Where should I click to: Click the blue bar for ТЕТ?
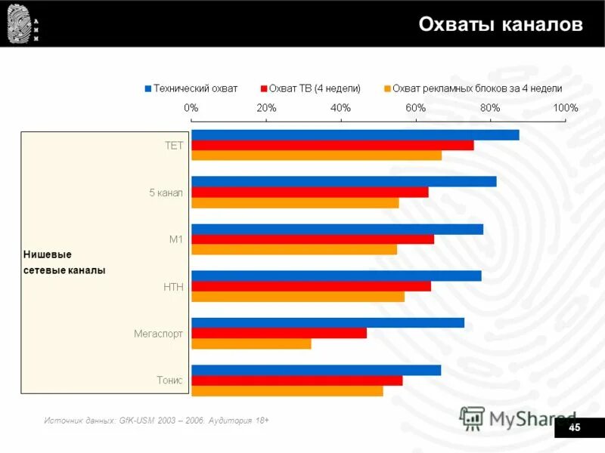[x=355, y=135]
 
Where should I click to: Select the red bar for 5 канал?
[x=309, y=192]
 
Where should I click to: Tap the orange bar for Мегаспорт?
[x=251, y=344]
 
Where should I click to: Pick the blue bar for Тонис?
[x=316, y=370]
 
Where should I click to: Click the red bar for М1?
[x=312, y=239]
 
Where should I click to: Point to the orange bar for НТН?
[x=298, y=297]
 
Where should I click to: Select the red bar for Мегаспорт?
[x=279, y=333]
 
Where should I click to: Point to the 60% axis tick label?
[x=416, y=108]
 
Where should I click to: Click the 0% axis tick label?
[x=191, y=108]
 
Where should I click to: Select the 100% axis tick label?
[x=565, y=108]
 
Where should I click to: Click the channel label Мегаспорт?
[x=158, y=333]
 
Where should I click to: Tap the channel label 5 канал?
[x=166, y=193]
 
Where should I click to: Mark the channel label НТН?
[x=173, y=287]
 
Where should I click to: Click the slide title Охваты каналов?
[x=501, y=24]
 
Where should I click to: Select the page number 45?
[x=574, y=428]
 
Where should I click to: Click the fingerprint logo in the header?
[x=18, y=23]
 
